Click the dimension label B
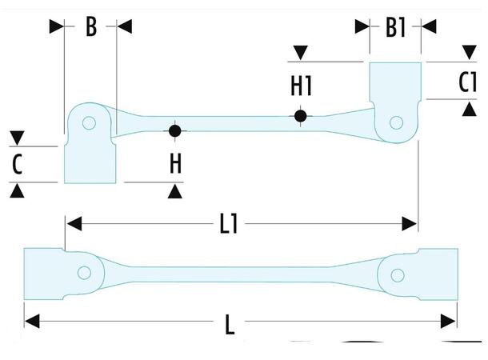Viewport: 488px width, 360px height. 90,27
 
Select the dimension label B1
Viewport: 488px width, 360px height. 395,28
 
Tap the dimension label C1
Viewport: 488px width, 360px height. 467,82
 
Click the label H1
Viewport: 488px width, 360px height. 301,83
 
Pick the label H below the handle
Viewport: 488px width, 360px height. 175,164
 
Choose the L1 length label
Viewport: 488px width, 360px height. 230,225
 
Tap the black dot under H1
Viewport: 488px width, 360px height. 300,116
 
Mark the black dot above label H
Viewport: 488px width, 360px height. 175,130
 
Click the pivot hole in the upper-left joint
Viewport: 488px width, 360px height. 89,123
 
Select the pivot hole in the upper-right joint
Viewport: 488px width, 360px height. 394,123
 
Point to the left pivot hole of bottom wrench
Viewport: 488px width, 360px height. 82,273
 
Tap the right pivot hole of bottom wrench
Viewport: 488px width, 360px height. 395,274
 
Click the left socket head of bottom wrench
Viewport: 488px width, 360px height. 44,274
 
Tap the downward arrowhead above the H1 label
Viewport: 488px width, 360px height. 300,53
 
